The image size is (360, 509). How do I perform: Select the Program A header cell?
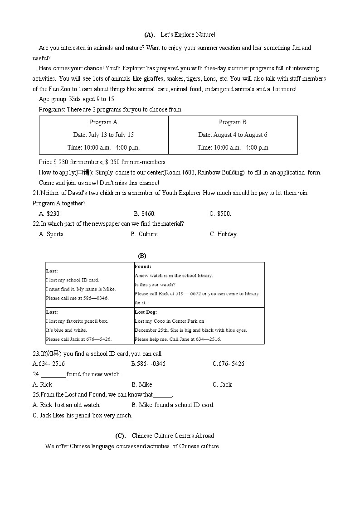(x=103, y=122)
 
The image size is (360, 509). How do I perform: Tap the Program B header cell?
(x=233, y=122)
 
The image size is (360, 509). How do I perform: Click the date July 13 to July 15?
(x=103, y=135)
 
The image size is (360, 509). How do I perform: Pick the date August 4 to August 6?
(x=233, y=135)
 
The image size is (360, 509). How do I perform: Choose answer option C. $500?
(x=220, y=214)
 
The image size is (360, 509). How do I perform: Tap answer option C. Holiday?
(x=224, y=234)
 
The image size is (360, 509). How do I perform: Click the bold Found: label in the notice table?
(x=143, y=267)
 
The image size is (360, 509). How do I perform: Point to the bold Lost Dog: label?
(x=146, y=312)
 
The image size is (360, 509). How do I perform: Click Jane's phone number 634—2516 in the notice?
(x=209, y=339)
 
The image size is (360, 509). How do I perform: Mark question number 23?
(x=36, y=354)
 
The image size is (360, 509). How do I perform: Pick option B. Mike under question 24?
(x=142, y=385)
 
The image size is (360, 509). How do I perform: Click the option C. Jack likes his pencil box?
(x=83, y=416)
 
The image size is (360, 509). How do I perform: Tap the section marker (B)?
(x=142, y=256)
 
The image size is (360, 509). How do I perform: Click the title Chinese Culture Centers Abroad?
(x=173, y=436)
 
